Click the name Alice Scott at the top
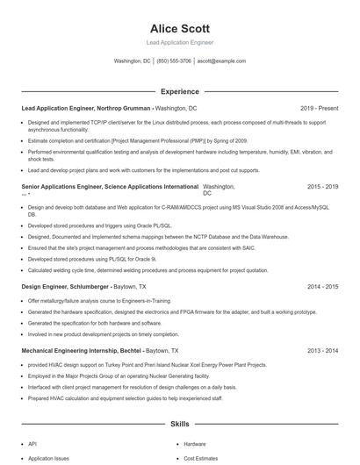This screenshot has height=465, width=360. point(179,28)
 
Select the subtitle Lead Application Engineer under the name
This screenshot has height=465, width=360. point(179,42)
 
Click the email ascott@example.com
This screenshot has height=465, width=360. point(221,61)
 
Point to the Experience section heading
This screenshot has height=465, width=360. point(179,91)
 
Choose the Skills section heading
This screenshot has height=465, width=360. point(179,424)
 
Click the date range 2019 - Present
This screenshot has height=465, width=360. point(319,107)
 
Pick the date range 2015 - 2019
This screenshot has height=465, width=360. point(322,187)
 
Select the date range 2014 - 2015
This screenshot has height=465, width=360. point(322,286)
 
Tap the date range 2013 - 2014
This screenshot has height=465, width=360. point(322,351)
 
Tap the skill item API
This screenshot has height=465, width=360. point(32,444)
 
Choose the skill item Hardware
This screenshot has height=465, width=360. point(195,444)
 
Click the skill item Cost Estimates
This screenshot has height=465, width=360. point(201,459)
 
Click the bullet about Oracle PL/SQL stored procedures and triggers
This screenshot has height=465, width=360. point(99,225)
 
